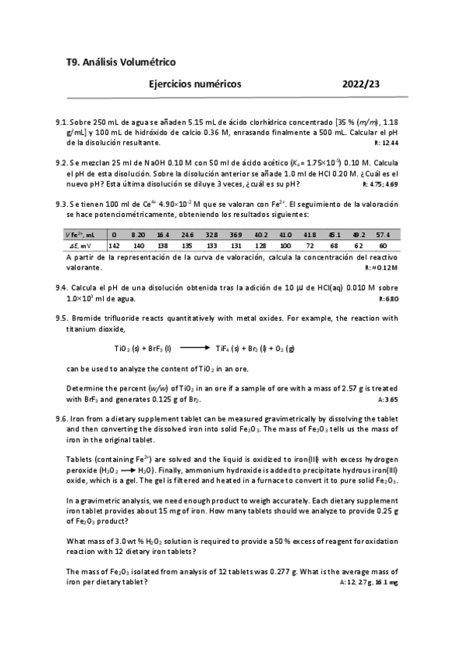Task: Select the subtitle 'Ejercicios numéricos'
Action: pos(195,84)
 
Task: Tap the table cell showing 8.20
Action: pos(139,234)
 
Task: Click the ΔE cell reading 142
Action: pos(114,245)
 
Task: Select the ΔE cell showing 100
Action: pos(285,245)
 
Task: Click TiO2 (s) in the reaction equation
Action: pos(128,348)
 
